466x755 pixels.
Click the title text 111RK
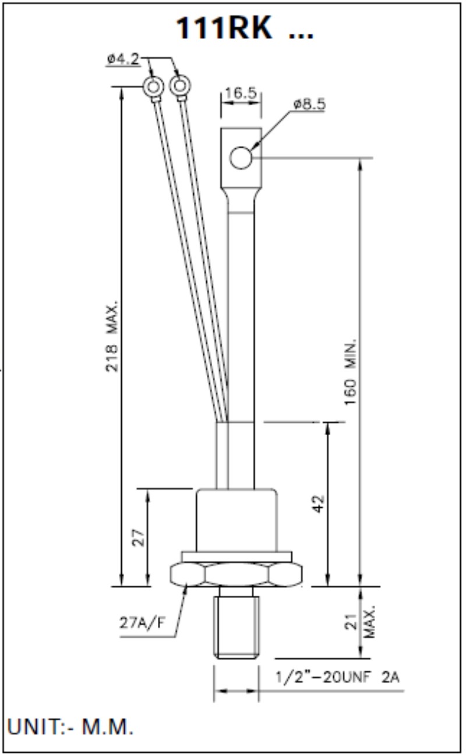pyautogui.click(x=224, y=29)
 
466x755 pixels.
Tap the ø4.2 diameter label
pyautogui.click(x=123, y=59)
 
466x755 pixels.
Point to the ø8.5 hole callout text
pyautogui.click(x=309, y=104)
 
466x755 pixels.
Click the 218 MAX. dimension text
pyautogui.click(x=112, y=336)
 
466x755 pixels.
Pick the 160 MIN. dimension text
pyautogui.click(x=351, y=372)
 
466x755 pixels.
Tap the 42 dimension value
pyautogui.click(x=318, y=504)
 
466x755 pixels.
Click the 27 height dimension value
pyautogui.click(x=138, y=537)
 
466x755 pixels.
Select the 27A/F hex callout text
pyautogui.click(x=142, y=622)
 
